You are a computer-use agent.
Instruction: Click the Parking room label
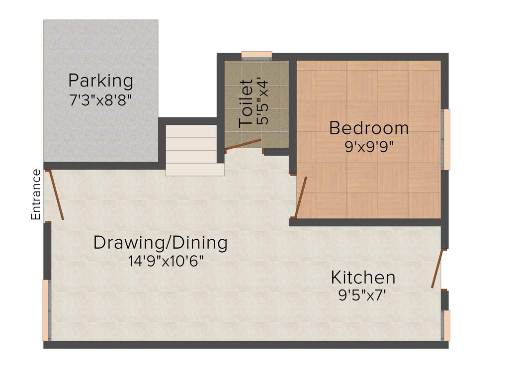pyautogui.click(x=100, y=80)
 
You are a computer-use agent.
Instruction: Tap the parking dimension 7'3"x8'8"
pyautogui.click(x=100, y=99)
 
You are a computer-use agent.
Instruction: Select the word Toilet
pyautogui.click(x=247, y=102)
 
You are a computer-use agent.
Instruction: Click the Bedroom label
pyautogui.click(x=369, y=128)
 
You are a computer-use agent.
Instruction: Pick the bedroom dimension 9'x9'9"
pyautogui.click(x=369, y=148)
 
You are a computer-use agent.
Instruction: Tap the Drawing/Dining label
pyautogui.click(x=161, y=243)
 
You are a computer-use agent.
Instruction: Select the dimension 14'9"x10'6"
pyautogui.click(x=161, y=261)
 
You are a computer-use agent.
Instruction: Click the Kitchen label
pyautogui.click(x=363, y=277)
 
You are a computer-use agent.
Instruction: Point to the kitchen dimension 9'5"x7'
pyautogui.click(x=362, y=295)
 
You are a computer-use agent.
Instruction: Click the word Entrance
pyautogui.click(x=36, y=194)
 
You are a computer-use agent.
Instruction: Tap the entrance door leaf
pyautogui.click(x=56, y=195)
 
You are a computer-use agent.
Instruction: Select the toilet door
pyautogui.click(x=243, y=144)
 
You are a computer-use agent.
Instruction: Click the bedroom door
pyautogui.click(x=301, y=197)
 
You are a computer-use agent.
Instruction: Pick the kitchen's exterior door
pyautogui.click(x=437, y=269)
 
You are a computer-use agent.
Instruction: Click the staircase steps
pyautogui.click(x=194, y=150)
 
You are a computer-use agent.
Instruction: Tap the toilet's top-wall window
pyautogui.click(x=256, y=55)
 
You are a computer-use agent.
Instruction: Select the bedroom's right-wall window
pyautogui.click(x=446, y=139)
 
